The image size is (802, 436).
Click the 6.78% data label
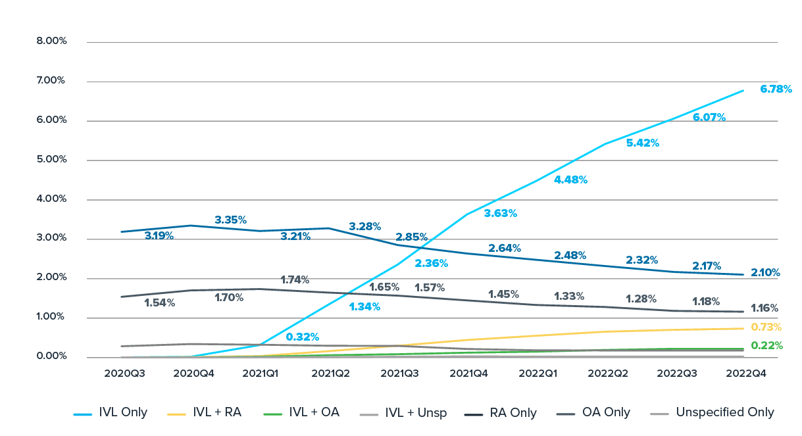pos(776,89)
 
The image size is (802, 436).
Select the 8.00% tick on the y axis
pos(52,41)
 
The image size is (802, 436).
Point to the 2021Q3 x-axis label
pos(397,372)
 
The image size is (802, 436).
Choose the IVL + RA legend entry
pos(205,413)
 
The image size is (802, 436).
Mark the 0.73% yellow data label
pos(766,327)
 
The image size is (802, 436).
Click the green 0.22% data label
pos(766,345)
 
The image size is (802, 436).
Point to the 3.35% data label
pos(230,220)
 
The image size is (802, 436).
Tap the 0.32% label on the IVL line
pos(302,337)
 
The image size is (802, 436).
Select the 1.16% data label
pos(764,308)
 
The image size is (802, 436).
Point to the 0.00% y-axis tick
pos(52,356)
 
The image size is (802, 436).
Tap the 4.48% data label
pos(571,180)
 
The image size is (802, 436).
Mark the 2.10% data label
pos(764,272)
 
